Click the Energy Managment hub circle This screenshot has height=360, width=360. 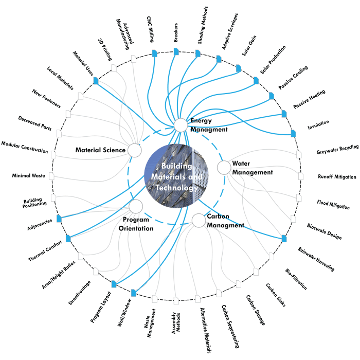(181, 125)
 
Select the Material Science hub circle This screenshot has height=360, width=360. (135, 150)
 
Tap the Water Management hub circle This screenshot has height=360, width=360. (224, 168)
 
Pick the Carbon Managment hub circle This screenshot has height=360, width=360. (199, 221)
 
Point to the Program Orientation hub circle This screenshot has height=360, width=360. (136, 206)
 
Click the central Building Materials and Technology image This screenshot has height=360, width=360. (176, 176)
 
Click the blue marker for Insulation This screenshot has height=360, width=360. (293, 133)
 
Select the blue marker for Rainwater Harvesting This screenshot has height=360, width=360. (284, 239)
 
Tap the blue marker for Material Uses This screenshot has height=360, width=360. (96, 81)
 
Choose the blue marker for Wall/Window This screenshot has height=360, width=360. (133, 293)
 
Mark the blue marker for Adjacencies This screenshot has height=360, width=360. (59, 219)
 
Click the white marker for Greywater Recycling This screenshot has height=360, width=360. (299, 154)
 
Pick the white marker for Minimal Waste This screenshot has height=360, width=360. (51, 176)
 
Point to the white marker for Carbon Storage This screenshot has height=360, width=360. (239, 284)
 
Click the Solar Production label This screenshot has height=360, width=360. (273, 60)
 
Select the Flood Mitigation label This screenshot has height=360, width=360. (333, 205)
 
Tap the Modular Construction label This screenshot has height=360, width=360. (25, 147)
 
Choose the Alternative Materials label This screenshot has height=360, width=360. (206, 330)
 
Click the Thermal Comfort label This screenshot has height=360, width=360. (45, 251)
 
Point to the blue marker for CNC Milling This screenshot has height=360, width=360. (155, 53)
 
